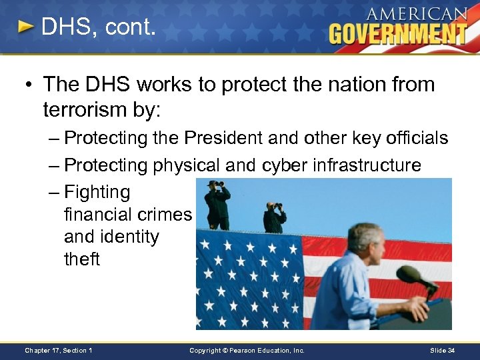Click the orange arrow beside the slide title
25,27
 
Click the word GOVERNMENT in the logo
397,33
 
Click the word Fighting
97,192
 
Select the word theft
81,259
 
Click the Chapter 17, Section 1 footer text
58,350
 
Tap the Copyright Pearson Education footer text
247,350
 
